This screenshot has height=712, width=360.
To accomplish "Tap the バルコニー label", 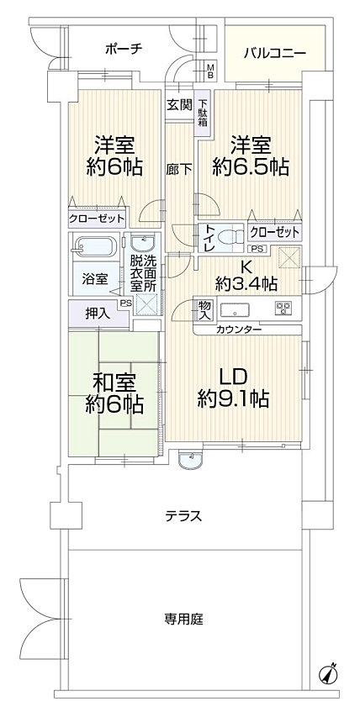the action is point(274,54).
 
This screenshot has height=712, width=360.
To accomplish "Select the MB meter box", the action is point(210,71).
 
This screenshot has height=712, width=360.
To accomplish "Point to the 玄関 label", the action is point(178,105).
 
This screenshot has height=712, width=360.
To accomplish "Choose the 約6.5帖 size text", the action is point(251,168).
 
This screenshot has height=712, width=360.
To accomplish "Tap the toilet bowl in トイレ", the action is point(228,236).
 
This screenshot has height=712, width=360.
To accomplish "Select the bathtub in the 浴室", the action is point(95,248).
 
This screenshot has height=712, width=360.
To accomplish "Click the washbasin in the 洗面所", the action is point(143,244).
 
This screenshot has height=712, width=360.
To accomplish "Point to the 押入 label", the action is point(97,314).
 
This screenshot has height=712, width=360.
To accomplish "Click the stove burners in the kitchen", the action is point(283,308).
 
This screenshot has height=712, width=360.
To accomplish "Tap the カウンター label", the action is point(238,330).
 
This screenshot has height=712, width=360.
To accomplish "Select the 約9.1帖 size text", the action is point(233,398).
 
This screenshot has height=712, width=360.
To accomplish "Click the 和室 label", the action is point(114,383).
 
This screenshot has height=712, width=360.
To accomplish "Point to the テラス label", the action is point(183,516).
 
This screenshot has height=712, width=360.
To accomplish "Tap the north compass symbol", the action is point(329,673).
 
